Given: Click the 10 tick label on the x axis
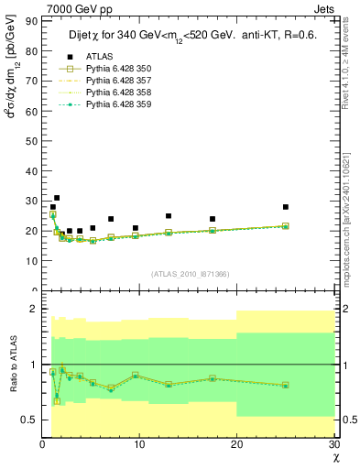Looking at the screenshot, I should click(139, 445).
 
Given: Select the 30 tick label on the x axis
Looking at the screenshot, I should click(333, 445).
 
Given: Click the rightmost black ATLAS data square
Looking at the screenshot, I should click(286, 207).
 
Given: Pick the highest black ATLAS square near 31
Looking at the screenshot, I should click(57, 198).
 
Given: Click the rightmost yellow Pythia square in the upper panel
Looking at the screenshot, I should click(286, 225).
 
